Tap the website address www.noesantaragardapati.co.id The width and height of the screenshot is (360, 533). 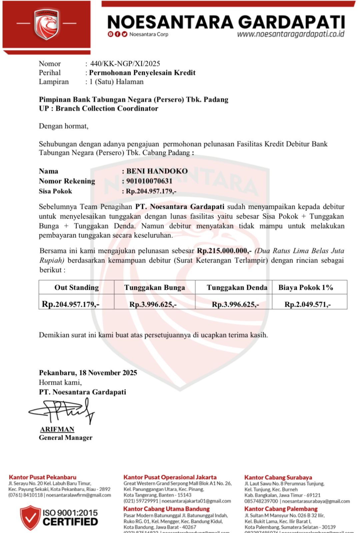pyautogui.click(x=290, y=34)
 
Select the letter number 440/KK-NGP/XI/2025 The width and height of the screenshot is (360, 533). pyautogui.click(x=125, y=64)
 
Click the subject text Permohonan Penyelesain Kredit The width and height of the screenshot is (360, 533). pyautogui.click(x=142, y=73)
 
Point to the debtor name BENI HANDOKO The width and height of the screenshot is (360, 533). pyautogui.click(x=157, y=171)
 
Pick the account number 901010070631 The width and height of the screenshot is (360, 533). pyautogui.click(x=149, y=181)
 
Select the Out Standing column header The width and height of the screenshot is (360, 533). pyautogui.click(x=77, y=287)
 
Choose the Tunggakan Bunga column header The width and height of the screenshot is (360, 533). pyautogui.click(x=154, y=287)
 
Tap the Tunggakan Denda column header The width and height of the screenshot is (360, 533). pyautogui.click(x=237, y=287)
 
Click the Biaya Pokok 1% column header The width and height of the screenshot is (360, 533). pyautogui.click(x=306, y=287)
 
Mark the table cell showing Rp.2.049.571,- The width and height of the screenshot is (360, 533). pyautogui.click(x=307, y=304)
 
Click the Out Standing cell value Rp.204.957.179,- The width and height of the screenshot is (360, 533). pyautogui.click(x=70, y=304)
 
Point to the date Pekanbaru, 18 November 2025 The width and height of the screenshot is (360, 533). pyautogui.click(x=88, y=373)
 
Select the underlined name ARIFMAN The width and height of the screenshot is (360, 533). pyautogui.click(x=57, y=429)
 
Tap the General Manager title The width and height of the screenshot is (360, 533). pyautogui.click(x=66, y=438)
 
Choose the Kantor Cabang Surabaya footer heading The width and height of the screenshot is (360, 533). pyautogui.click(x=278, y=477)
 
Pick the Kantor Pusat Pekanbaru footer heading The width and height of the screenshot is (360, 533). pyautogui.click(x=43, y=477)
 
